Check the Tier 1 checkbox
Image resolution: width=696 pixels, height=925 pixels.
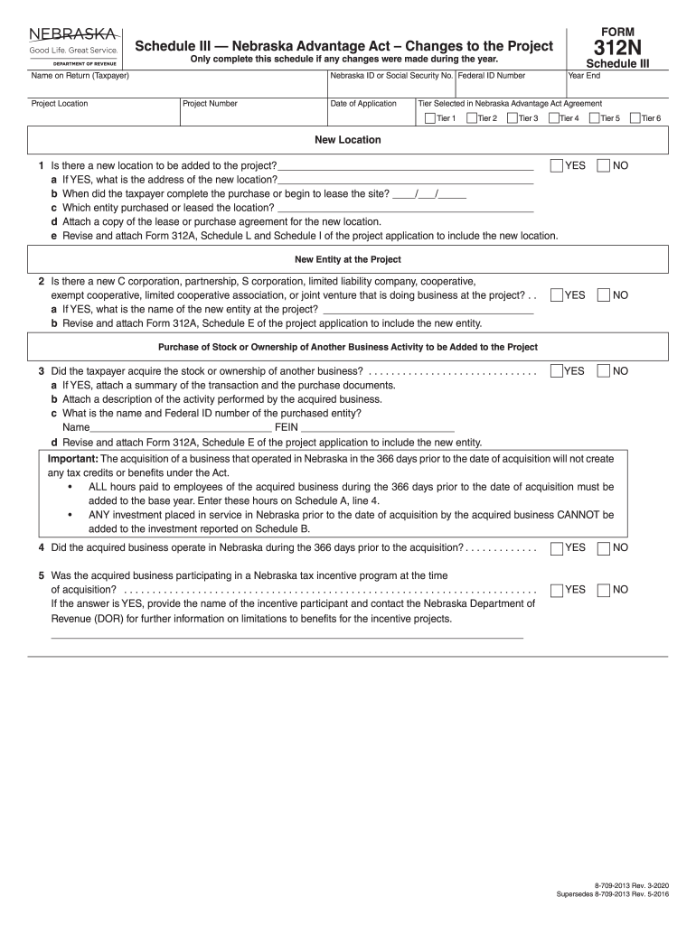428,118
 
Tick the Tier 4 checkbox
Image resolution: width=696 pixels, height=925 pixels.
553,118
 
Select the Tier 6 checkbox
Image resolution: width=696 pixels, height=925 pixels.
635,118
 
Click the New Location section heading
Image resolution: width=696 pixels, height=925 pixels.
347,140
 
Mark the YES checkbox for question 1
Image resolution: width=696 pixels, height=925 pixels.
556,166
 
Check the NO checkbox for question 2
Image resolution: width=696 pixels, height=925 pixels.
603,295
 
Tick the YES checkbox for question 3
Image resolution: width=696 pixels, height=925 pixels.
556,371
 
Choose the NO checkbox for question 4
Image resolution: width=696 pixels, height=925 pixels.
603,548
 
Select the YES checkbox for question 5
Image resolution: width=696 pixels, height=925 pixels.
556,590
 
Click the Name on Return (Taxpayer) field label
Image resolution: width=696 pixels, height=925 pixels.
80,76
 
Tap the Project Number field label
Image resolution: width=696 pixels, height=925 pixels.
210,104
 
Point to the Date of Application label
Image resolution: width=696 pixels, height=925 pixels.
363,104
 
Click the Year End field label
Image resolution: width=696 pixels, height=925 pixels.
584,76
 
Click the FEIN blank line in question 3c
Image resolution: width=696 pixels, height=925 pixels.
377,427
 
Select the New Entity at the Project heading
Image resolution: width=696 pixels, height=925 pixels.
347,259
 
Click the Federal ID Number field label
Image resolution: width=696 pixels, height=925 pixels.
491,76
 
